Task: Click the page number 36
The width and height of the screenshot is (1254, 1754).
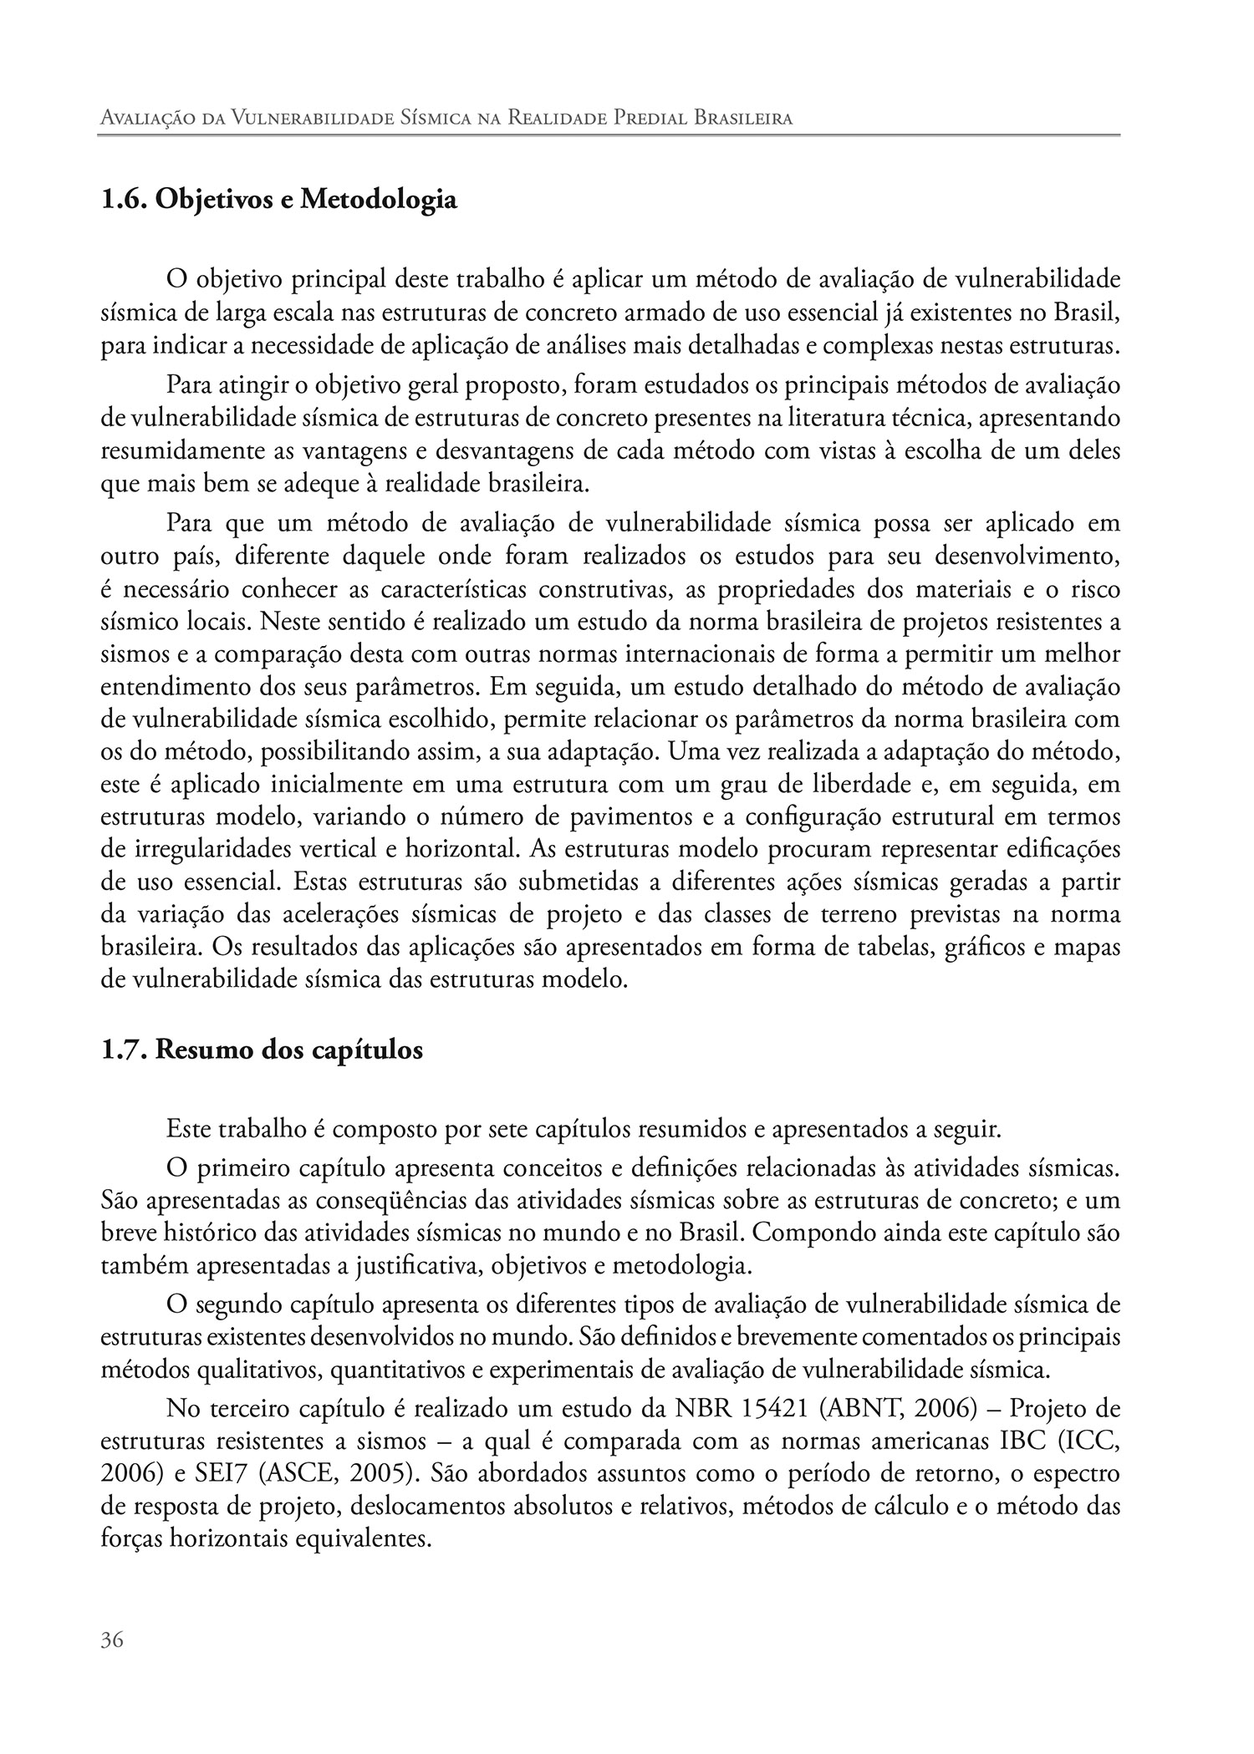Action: (112, 1640)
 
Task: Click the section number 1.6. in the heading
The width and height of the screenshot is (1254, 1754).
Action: (124, 201)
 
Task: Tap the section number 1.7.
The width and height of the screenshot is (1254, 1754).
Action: (124, 1050)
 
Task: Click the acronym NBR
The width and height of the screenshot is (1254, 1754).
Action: (703, 1408)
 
